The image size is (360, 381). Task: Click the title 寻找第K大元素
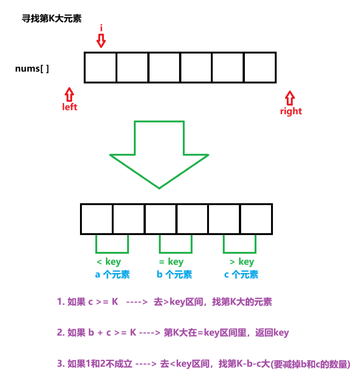click(52, 19)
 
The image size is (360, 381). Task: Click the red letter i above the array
click(101, 28)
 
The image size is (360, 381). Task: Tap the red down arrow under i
click(101, 41)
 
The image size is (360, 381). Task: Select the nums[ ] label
click(32, 69)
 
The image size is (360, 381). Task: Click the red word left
click(70, 107)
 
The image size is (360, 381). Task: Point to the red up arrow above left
click(69, 94)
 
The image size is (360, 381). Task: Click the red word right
click(291, 112)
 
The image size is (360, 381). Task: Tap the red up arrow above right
click(290, 98)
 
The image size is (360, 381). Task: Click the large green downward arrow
click(159, 153)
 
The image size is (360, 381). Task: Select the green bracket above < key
click(112, 245)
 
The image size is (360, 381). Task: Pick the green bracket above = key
click(176, 245)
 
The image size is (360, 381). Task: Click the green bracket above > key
click(240, 245)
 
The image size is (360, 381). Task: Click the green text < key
click(109, 262)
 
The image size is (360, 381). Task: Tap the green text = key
click(171, 262)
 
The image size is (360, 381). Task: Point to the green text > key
click(241, 262)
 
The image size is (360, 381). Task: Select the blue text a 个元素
click(113, 275)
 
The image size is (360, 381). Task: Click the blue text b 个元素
click(174, 275)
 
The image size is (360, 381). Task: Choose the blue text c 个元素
click(241, 275)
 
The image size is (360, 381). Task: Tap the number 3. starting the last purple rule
click(61, 364)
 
